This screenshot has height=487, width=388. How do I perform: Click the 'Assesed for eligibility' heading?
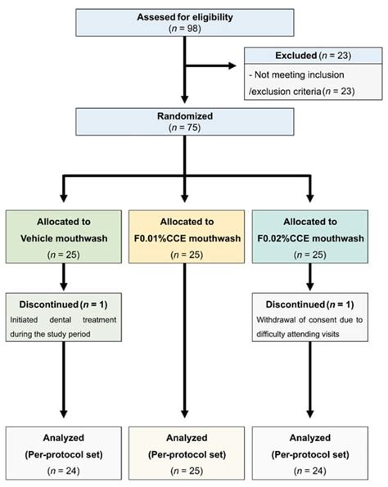point(185,17)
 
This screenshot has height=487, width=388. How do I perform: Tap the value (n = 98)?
point(185,29)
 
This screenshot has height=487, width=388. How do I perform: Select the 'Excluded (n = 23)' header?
point(314,56)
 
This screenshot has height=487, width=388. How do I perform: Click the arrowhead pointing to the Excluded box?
point(232,65)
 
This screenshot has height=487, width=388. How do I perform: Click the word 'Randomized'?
point(185,116)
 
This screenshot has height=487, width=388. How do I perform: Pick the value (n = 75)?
point(185,128)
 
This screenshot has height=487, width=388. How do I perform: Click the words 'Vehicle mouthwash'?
point(64,238)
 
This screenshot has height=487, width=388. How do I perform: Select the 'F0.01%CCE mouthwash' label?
point(187,238)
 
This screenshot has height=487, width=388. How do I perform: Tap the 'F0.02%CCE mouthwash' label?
point(310,238)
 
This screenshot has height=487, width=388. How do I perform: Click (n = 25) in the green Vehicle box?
point(64,255)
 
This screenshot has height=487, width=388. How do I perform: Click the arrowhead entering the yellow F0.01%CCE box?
point(185,198)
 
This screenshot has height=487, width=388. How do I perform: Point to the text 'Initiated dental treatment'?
point(63,319)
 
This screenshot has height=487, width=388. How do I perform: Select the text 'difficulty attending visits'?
point(298,334)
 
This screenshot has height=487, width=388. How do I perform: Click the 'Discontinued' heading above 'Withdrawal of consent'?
point(296,304)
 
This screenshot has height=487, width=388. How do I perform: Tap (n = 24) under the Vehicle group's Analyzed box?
point(64,471)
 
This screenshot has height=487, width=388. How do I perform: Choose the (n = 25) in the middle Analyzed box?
point(187,471)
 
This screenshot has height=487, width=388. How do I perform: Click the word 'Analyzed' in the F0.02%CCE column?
point(310,438)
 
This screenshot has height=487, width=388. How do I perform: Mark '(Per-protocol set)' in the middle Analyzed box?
point(187,455)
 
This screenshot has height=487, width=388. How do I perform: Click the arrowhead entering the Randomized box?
point(185,99)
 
